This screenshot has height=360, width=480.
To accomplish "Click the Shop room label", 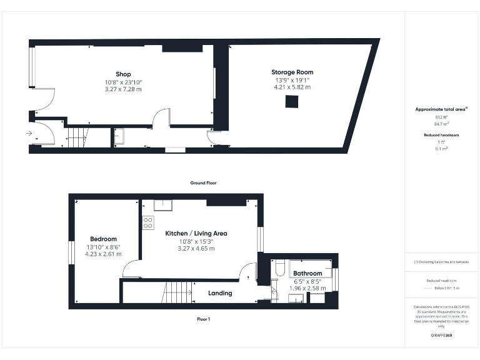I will [122, 74].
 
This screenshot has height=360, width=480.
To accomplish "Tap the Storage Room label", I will [292, 72].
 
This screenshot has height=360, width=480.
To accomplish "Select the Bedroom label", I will [103, 239].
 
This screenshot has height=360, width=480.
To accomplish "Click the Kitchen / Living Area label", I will [196, 233].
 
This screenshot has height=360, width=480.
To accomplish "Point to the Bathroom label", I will [307, 274].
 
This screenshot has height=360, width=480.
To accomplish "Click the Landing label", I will [219, 293].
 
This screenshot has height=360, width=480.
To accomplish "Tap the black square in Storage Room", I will [292, 102].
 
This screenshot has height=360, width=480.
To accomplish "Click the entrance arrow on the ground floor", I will [28, 133].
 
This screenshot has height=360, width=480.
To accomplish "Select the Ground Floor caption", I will [203, 183].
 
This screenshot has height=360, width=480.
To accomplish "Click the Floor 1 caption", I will [203, 319].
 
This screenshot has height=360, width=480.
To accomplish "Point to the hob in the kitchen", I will [148, 222].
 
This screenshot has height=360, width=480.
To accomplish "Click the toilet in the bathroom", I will [279, 268].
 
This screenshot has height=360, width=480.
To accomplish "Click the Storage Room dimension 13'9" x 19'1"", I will [292, 80].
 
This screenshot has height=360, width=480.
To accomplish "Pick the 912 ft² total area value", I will [441, 117].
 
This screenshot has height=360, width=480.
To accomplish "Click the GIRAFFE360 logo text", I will [441, 336].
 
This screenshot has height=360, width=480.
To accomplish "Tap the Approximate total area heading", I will [440, 109].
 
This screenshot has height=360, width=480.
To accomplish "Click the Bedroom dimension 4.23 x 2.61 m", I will [103, 254].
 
